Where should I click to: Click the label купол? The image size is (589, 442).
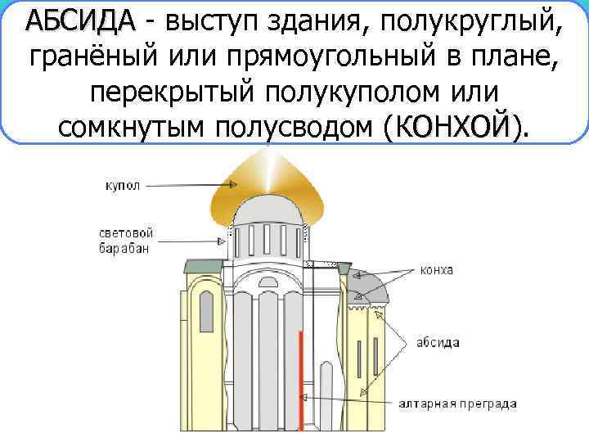click(x=123, y=186)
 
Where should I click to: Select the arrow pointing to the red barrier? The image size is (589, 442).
click(x=351, y=399)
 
